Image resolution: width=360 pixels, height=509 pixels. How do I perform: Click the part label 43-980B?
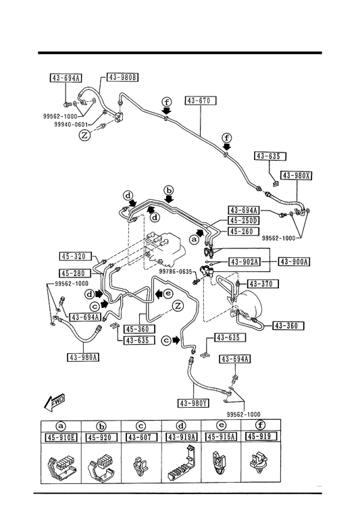122,77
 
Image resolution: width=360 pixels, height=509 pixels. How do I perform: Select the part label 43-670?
201,101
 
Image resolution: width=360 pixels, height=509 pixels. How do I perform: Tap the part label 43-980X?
296,176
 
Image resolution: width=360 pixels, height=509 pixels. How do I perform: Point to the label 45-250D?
244,221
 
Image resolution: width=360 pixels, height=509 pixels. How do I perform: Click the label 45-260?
244,232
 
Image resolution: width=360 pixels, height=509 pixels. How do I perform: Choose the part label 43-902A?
245,262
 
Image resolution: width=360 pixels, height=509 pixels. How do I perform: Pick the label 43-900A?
294,262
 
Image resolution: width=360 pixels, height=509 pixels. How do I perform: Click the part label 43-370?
263,284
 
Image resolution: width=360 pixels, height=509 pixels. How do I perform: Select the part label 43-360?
288,325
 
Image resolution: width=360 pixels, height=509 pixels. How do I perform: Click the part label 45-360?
139,329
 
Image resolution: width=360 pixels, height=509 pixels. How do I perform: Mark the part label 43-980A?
84,357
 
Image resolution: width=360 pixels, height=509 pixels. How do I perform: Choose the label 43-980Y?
194,403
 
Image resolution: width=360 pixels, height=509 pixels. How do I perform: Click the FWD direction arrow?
54,403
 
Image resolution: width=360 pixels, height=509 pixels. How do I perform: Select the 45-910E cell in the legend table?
61,438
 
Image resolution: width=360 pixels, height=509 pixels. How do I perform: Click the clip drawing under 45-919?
259,462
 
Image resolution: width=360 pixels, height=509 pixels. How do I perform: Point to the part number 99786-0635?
176,271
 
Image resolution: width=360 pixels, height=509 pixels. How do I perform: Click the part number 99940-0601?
71,125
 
